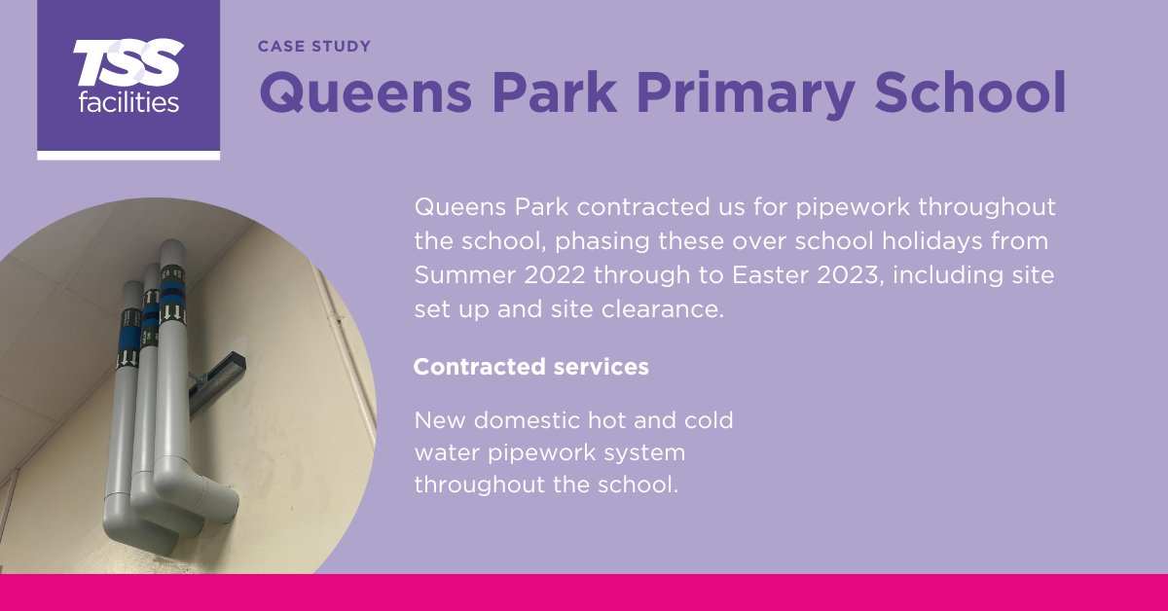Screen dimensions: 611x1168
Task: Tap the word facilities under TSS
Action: (128, 100)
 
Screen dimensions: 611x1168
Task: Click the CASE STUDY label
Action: (314, 46)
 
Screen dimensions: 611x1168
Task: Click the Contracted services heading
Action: (530, 367)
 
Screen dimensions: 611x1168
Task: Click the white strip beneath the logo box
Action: (128, 155)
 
